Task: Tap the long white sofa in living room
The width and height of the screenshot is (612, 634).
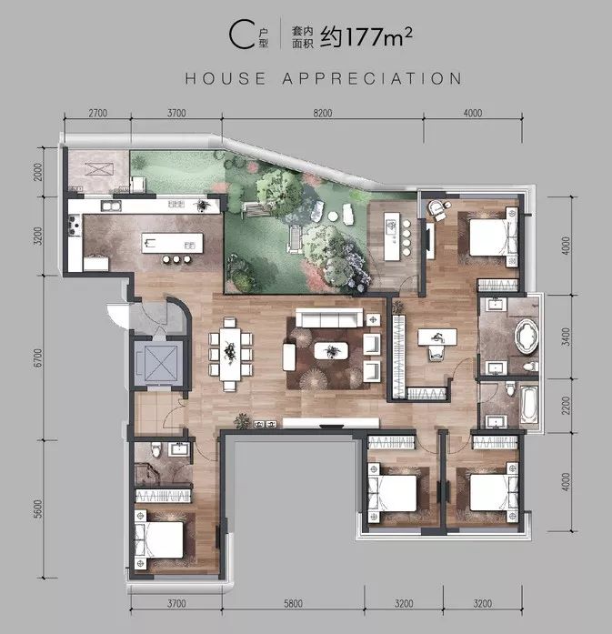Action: click(x=326, y=318)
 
